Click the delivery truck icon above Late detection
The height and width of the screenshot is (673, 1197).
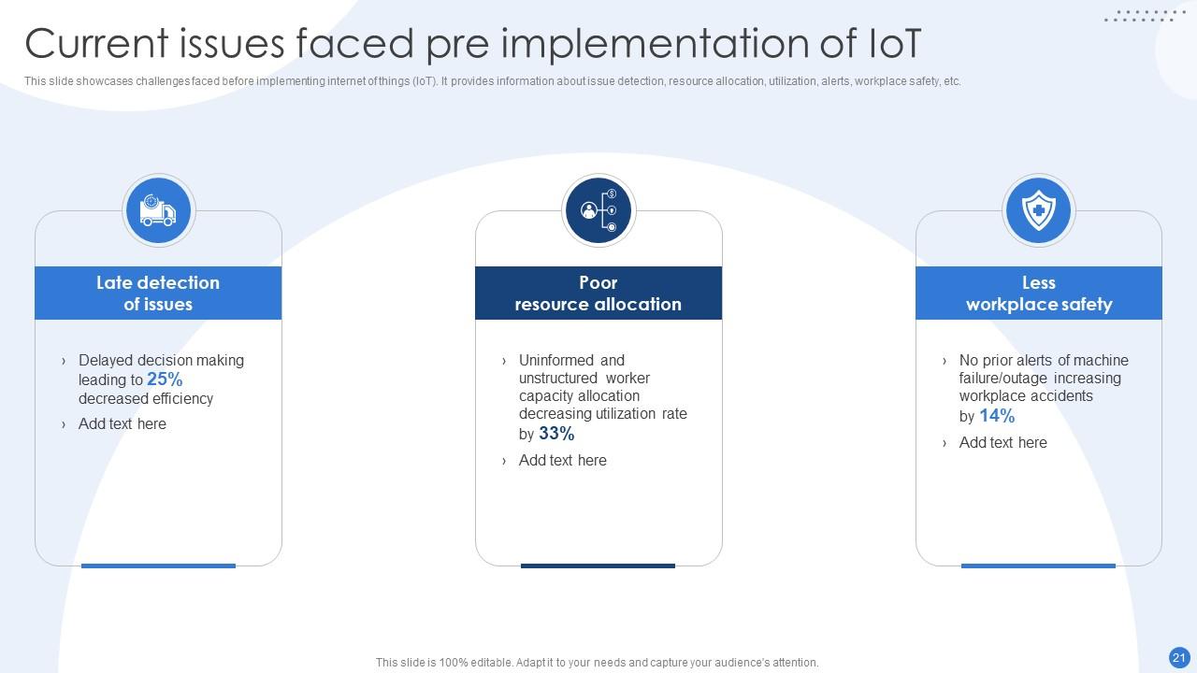coord(158,211)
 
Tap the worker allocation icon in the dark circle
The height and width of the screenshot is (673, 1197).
coord(598,210)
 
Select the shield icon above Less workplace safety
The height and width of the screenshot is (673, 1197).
coord(1038,210)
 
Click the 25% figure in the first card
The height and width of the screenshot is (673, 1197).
coord(165,379)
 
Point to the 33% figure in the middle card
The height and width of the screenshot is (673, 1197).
coord(556,434)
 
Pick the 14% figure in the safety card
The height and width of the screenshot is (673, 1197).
coord(997,416)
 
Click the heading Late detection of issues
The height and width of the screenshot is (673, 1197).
coord(158,294)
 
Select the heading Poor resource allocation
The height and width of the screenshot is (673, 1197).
coord(598,294)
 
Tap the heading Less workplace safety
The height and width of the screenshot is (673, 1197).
coord(1038,294)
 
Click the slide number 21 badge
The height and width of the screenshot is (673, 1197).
coord(1178,657)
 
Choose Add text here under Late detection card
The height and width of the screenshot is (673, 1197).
coord(123,424)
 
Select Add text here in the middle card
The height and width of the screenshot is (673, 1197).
coord(563,461)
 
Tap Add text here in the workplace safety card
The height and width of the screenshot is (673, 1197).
coord(1002,443)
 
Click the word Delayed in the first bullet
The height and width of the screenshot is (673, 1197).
coord(106,361)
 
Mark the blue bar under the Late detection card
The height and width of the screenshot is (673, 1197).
coord(158,566)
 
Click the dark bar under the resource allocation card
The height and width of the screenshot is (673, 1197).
coord(598,566)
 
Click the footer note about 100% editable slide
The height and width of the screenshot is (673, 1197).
coord(597,663)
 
